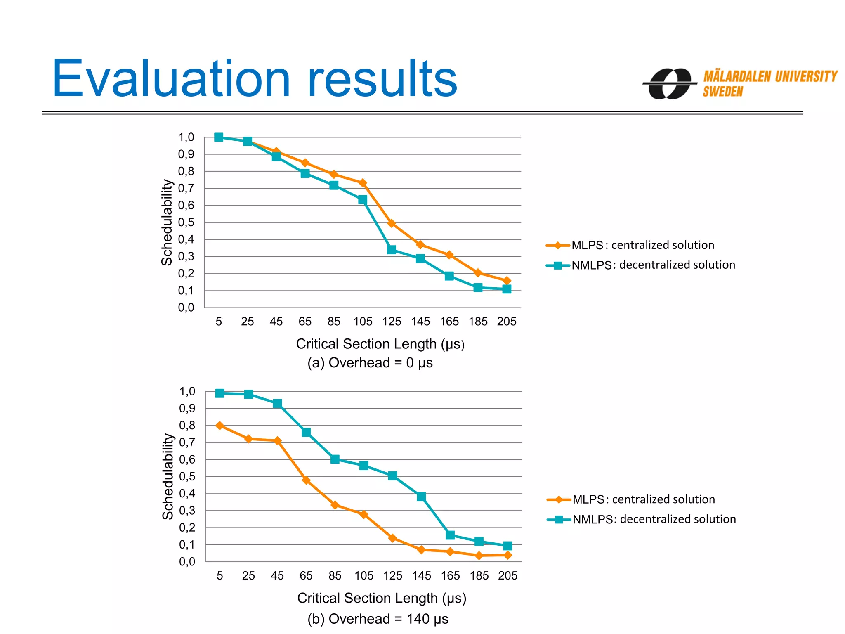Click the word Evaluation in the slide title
(171, 79)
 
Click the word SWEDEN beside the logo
(722, 92)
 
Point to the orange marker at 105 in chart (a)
(363, 183)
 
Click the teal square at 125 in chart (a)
(392, 250)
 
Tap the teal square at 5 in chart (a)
(219, 137)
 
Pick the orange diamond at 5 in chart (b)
(220, 426)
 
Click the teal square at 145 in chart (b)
(421, 497)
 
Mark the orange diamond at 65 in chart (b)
(306, 480)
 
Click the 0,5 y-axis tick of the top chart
(186, 222)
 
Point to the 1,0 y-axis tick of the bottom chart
(187, 391)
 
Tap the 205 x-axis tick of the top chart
(507, 322)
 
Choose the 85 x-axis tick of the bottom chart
(335, 576)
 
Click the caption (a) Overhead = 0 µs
(370, 363)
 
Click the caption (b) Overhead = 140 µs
(378, 619)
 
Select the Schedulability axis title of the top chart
(167, 222)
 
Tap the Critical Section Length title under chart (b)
(382, 598)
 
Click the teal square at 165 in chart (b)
(450, 535)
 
